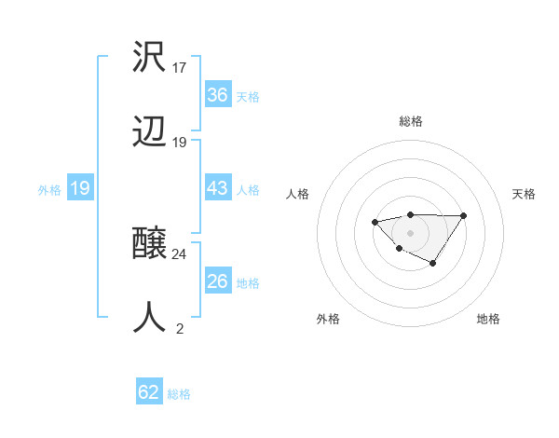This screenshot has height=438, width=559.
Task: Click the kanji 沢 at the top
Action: point(150,57)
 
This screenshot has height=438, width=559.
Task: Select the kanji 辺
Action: point(150,134)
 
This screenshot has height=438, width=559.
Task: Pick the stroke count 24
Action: point(180,253)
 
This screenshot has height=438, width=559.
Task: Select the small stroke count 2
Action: point(180,328)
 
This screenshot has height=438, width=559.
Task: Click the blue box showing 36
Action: point(217,95)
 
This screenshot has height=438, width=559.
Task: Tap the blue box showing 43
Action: point(217,188)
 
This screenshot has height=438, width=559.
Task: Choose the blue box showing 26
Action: point(217,281)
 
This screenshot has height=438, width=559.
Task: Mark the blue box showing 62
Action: point(149,392)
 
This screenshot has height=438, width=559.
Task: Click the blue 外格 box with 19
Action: point(79,188)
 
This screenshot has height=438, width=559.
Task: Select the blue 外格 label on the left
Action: point(49,189)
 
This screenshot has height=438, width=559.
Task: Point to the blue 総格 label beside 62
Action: point(179,394)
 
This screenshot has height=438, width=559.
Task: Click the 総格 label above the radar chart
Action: point(410,121)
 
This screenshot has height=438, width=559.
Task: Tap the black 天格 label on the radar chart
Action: point(524,194)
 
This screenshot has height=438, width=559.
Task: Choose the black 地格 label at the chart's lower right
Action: point(488,319)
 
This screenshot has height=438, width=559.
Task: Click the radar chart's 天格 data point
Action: point(464,215)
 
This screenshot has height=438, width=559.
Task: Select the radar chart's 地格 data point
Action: point(433,265)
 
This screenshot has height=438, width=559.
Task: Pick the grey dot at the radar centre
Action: point(410,232)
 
